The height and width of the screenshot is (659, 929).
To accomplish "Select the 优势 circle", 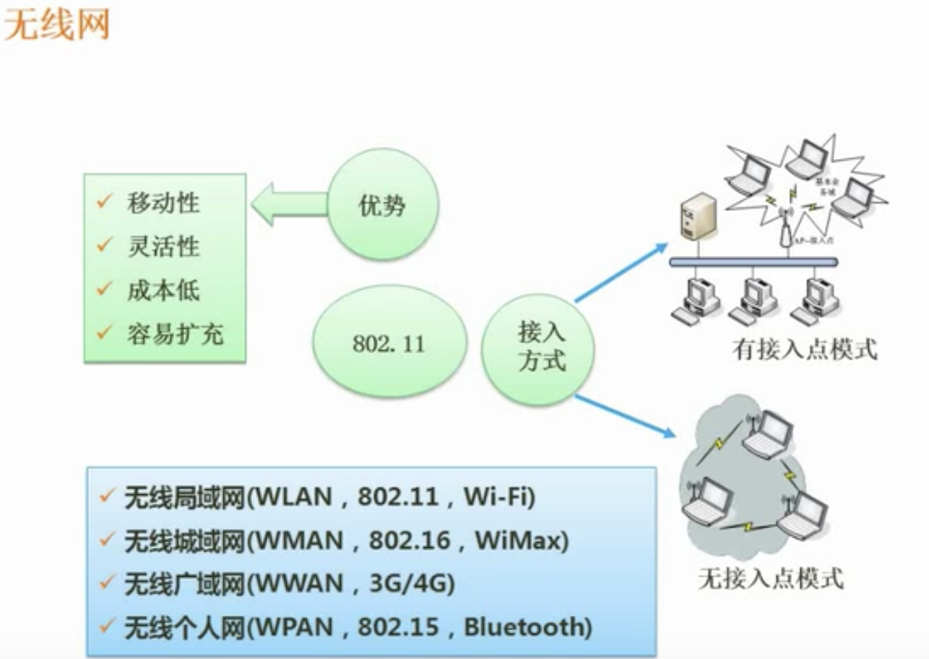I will (x=382, y=206).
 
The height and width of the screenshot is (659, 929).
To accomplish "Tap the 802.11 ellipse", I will (x=389, y=342).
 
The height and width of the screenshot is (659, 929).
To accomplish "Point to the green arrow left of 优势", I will (x=289, y=204).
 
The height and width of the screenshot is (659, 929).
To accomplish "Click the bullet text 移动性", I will (x=163, y=203).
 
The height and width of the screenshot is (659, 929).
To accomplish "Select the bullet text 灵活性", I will (x=163, y=247).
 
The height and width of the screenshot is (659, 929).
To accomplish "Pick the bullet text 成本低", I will (x=163, y=290).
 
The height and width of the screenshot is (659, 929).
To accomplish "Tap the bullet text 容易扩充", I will (x=176, y=334).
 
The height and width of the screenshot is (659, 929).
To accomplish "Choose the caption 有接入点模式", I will (x=805, y=350).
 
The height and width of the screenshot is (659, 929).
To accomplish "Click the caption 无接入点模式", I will (x=771, y=579).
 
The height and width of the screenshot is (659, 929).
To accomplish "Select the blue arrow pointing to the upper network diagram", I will (x=621, y=272).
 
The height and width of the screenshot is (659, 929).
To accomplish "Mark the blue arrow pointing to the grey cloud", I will (x=626, y=416).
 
